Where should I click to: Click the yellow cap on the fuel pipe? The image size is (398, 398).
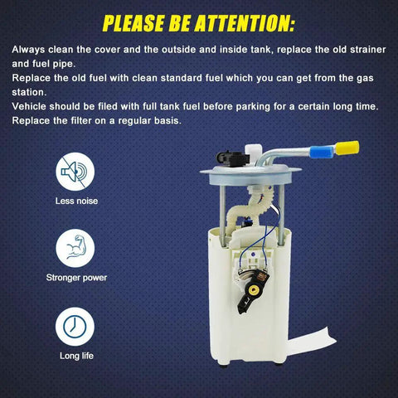pyautogui.click(x=347, y=148)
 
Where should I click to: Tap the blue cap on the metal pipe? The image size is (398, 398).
pyautogui.click(x=323, y=152)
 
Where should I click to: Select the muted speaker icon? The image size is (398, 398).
pyautogui.click(x=75, y=172)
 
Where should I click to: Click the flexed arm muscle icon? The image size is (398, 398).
pyautogui.click(x=75, y=248)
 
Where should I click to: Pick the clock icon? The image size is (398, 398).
pyautogui.click(x=75, y=327)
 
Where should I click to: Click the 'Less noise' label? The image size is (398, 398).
pyautogui.click(x=76, y=201)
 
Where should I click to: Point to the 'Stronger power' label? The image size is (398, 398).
pyautogui.click(x=76, y=278)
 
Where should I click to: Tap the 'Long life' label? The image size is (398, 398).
pyautogui.click(x=76, y=356)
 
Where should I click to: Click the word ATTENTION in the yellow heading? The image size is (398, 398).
pyautogui.click(x=245, y=23)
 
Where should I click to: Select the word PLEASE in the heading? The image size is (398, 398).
pyautogui.click(x=133, y=23)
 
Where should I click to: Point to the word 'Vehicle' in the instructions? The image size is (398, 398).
pyautogui.click(x=29, y=106)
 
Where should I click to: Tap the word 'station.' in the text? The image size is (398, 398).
pyautogui.click(x=29, y=92)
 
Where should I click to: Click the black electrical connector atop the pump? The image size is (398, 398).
pyautogui.click(x=233, y=158)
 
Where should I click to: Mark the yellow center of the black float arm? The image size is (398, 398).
pyautogui.click(x=253, y=290)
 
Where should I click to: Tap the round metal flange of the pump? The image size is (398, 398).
pyautogui.click(x=250, y=174)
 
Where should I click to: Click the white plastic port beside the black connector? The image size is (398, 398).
pyautogui.click(x=253, y=153)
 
